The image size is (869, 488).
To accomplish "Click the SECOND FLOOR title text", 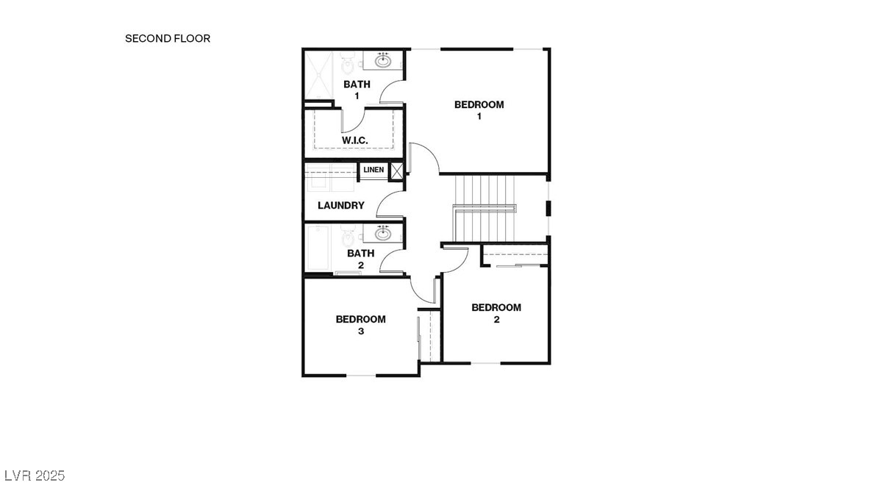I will coord(168,38).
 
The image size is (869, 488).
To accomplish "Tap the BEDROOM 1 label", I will coord(479,110).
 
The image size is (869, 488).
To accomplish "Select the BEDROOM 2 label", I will coord(496,313).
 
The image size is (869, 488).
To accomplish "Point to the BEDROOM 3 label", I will coord(360,325).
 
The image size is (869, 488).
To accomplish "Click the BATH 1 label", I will coord(357,90).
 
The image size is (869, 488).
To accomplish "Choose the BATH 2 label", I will coord(360,259).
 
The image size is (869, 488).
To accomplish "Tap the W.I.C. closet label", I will coord(354,140).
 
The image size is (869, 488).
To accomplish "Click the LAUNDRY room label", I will coord(340,206).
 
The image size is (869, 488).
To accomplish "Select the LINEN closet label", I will coord(373,171).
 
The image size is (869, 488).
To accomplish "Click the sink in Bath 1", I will coord(383,60).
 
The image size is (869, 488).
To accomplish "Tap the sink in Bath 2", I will coord(383,234).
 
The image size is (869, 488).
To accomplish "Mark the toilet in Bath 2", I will coord(348,236).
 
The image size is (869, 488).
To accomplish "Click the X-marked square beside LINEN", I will coord(396,171).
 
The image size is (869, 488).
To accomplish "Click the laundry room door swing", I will coord(390,204).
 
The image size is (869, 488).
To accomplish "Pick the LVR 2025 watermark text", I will coord(34,476).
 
